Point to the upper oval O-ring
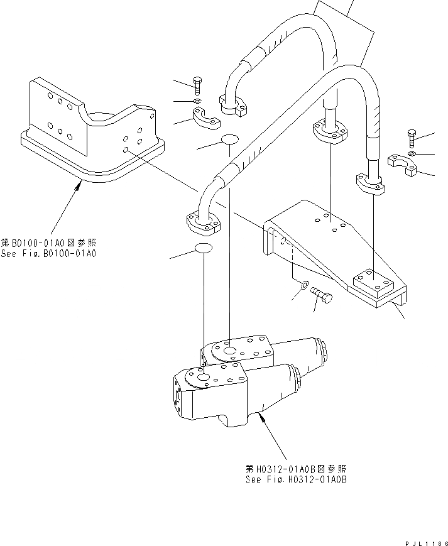230,139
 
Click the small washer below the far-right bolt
411,153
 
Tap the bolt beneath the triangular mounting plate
322,297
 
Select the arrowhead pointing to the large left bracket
79,183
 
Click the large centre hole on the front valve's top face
204,376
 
